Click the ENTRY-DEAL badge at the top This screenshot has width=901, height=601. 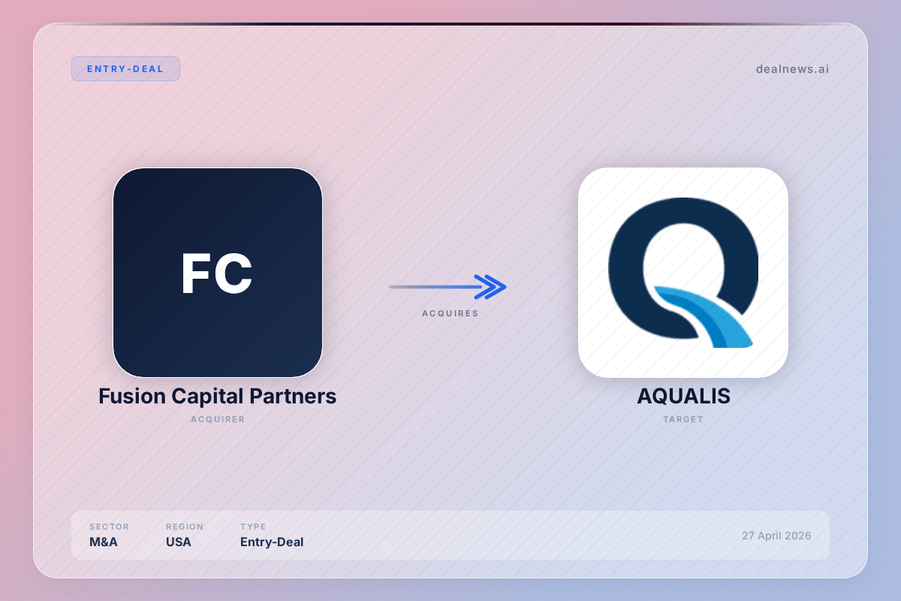(x=125, y=69)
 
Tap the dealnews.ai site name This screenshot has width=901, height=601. (x=792, y=69)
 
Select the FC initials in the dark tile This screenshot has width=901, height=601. (x=217, y=273)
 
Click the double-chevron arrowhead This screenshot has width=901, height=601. (x=490, y=287)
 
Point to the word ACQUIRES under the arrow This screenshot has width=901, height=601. (x=450, y=313)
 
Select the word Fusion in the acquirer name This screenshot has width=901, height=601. (x=132, y=396)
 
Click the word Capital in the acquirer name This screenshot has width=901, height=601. (x=207, y=397)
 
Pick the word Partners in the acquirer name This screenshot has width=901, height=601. (x=293, y=396)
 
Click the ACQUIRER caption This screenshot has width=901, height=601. (x=218, y=419)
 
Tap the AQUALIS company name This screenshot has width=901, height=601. (x=683, y=396)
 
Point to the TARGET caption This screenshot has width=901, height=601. (x=683, y=419)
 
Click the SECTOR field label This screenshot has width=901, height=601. (x=109, y=527)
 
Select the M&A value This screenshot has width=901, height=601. (x=104, y=542)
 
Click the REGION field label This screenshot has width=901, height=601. (x=185, y=527)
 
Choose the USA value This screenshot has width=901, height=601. (x=179, y=542)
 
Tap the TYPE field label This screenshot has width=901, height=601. (x=253, y=527)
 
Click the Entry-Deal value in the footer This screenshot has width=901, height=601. (x=272, y=542)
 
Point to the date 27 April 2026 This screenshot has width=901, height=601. (x=776, y=536)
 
